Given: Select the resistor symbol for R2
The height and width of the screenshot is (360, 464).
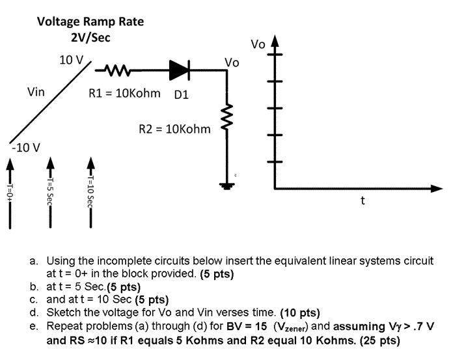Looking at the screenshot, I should pyautogui.click(x=226, y=118).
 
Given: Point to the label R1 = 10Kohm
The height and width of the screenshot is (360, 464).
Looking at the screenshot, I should pyautogui.click(x=124, y=93).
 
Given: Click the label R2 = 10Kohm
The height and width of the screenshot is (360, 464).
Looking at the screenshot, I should pyautogui.click(x=174, y=129).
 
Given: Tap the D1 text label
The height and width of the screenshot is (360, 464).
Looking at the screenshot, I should pyautogui.click(x=181, y=95).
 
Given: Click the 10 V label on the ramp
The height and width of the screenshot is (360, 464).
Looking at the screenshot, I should pyautogui.click(x=72, y=60).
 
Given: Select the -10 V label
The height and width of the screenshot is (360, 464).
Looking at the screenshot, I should pyautogui.click(x=26, y=147).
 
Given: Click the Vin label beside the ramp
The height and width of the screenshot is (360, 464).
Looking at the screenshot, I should pyautogui.click(x=36, y=92).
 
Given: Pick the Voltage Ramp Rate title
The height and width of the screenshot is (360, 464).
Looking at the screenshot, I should pyautogui.click(x=90, y=21).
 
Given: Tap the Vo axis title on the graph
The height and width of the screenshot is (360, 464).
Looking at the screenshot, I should pyautogui.click(x=258, y=44).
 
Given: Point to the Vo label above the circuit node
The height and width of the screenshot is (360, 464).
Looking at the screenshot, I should pyautogui.click(x=232, y=62).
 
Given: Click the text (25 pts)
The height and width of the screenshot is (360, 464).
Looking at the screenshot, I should pyautogui.click(x=379, y=340).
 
